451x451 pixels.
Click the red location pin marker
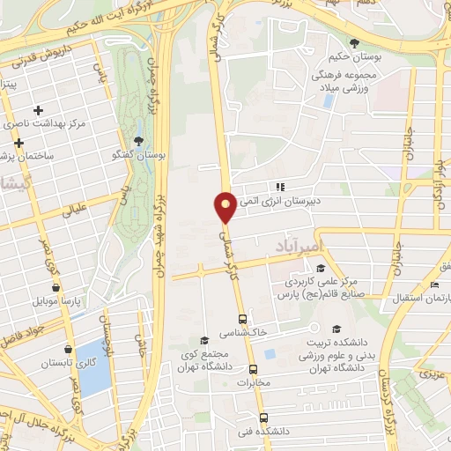click(x=225, y=207)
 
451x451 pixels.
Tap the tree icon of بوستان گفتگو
click(x=138, y=141)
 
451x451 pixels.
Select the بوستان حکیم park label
click(x=353, y=57)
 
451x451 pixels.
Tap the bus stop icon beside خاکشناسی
click(x=242, y=319)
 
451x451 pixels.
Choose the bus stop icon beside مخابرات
click(x=254, y=370)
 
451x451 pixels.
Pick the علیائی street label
click(x=72, y=209)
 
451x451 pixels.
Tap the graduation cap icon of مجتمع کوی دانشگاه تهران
click(x=204, y=340)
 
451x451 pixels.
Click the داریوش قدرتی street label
click(x=42, y=63)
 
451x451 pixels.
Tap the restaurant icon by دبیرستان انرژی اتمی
click(x=279, y=187)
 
